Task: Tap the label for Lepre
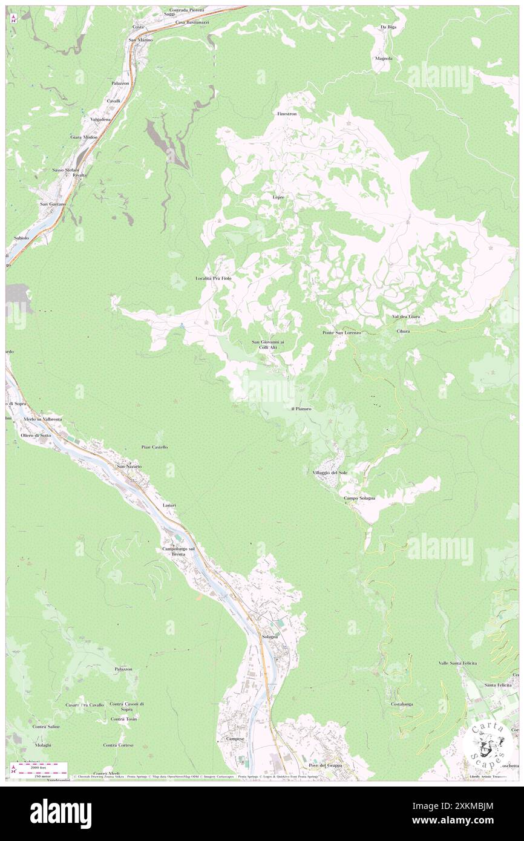pos(277,197)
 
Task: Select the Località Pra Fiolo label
pos(214,278)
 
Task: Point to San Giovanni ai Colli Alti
pos(268,345)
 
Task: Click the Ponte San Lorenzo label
pos(341,333)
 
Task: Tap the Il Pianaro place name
pos(301,409)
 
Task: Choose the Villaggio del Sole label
pos(330,472)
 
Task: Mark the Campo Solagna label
pos(359,498)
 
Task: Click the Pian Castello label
pos(154,447)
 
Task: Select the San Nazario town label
pos(129,466)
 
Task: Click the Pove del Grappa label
pos(325,765)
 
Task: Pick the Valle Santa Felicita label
pos(457,663)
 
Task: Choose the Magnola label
pos(384,59)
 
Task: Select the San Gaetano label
pos(53,204)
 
